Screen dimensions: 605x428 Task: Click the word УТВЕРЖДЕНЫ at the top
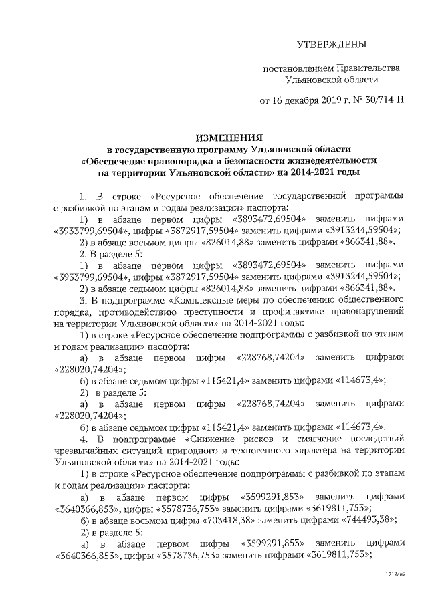tap(332, 45)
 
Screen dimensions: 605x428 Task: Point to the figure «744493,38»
tap(365, 519)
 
